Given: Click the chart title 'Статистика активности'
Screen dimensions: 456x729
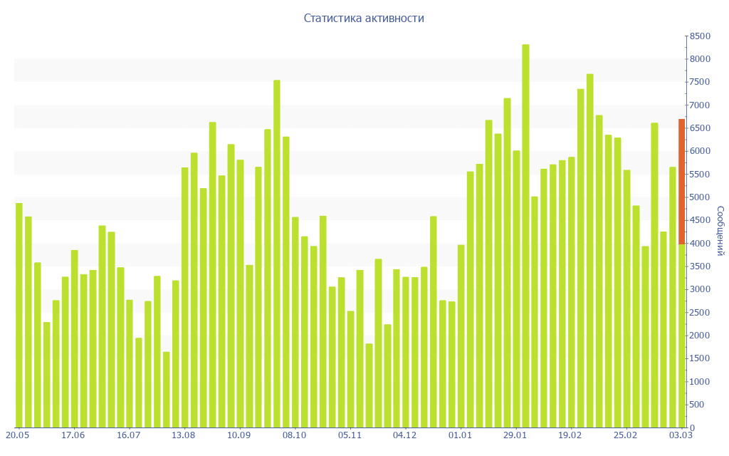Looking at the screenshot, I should point(364,19).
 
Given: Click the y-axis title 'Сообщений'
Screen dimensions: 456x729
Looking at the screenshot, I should point(720,231).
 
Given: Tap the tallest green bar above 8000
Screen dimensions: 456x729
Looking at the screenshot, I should point(525,235).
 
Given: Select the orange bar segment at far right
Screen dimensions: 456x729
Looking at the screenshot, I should point(681,182).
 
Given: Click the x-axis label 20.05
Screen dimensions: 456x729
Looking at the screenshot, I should point(17,435).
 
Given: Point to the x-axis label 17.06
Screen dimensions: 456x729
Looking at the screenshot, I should point(73,435).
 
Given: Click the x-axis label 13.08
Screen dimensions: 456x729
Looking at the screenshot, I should point(184,435).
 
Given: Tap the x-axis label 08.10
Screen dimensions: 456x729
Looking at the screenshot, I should point(294,435).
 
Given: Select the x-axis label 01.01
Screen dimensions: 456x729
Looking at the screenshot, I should point(460,435).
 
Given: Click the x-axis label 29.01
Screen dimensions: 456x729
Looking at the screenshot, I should point(515,435).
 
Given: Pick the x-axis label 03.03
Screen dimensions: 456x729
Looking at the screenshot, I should point(681,435).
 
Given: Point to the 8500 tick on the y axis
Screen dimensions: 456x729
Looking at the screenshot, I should point(700,36).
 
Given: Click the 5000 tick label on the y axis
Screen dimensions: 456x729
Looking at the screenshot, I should point(700,197).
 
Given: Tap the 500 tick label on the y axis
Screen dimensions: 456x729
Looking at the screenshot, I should point(698,405).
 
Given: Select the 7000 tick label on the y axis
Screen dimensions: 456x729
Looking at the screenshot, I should point(700,105).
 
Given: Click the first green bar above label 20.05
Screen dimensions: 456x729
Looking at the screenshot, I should point(19,316).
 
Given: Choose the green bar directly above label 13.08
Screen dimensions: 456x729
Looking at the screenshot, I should point(185,298).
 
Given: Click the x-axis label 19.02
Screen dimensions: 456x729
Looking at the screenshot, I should point(570,435).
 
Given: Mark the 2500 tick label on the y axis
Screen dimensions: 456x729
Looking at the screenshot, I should point(700,313).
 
